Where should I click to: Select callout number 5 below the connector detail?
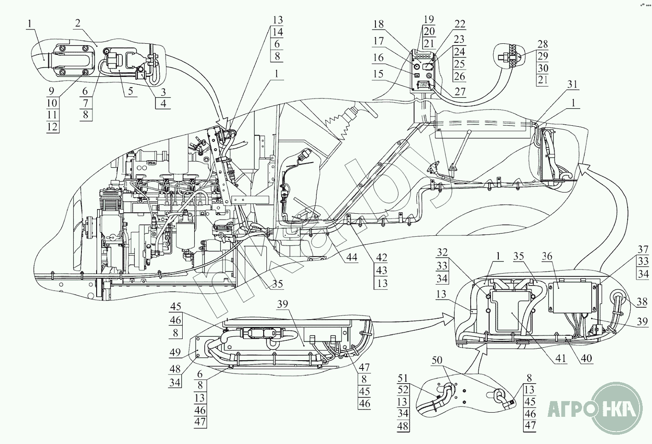pyautogui.click(x=130, y=91)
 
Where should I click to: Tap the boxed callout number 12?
pyautogui.click(x=52, y=126)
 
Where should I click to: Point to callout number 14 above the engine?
pyautogui.click(x=277, y=32)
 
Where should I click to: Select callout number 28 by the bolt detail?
pyautogui.click(x=542, y=44)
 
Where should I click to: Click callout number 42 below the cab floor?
pyautogui.click(x=381, y=257)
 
